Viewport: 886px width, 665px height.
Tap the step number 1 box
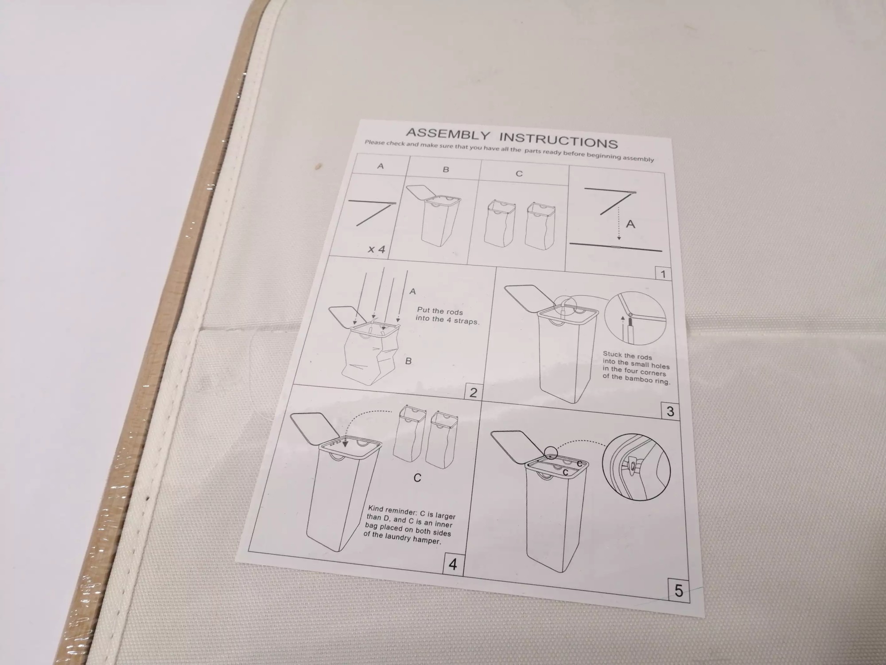[663, 274]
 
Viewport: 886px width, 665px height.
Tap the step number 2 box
[473, 392]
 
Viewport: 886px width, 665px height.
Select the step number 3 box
[670, 411]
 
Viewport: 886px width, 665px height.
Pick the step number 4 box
[453, 564]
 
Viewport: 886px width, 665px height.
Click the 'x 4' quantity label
[377, 249]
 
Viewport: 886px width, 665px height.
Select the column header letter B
[446, 169]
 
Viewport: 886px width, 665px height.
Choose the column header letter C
[519, 174]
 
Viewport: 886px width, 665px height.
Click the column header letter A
[380, 166]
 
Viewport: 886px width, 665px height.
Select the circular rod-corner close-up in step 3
[635, 318]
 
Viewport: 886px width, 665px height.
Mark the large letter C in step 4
[417, 478]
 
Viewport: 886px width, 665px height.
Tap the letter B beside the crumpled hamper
[408, 361]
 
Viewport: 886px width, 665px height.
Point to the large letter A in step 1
[630, 224]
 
